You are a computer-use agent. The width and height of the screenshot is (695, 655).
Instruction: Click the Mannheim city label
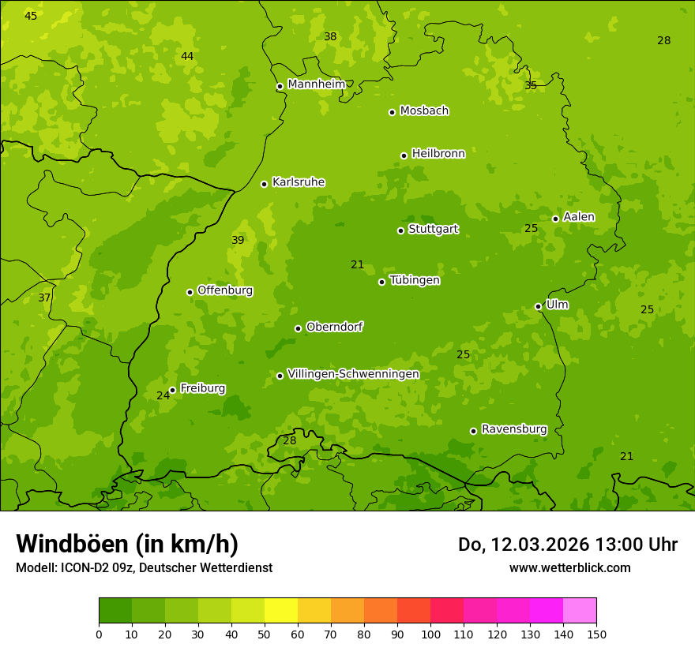(316, 84)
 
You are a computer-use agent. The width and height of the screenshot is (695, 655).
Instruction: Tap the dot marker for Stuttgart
(400, 230)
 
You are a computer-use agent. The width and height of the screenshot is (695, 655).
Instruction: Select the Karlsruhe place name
(298, 182)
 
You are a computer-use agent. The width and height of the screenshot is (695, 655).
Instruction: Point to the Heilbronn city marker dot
(404, 155)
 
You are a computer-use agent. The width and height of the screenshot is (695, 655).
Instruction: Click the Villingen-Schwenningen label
(353, 374)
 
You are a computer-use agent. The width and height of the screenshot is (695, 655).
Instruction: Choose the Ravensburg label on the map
(513, 429)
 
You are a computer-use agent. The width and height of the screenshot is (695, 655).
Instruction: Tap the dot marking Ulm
(538, 306)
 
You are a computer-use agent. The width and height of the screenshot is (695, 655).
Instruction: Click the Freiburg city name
(202, 388)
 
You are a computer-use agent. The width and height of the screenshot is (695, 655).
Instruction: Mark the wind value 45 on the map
(31, 16)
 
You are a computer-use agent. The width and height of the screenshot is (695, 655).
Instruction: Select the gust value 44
(187, 56)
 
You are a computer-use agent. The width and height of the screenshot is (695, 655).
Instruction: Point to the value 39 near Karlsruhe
(238, 240)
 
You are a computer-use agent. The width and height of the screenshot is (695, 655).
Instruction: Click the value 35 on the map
(531, 85)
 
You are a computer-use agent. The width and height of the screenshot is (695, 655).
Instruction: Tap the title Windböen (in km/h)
(127, 544)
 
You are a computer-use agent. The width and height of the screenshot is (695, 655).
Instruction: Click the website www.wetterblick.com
(569, 567)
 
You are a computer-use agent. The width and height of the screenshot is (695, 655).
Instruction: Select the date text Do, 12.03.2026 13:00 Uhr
(567, 545)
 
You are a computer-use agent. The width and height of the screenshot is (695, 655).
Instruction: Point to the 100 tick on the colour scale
(430, 634)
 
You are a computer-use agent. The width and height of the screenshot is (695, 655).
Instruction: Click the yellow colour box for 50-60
(281, 611)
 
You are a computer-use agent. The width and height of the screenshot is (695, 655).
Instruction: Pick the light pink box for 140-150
(580, 611)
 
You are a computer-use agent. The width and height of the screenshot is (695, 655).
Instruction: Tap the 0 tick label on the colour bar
(99, 634)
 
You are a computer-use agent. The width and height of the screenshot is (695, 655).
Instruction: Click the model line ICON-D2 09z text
(144, 567)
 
